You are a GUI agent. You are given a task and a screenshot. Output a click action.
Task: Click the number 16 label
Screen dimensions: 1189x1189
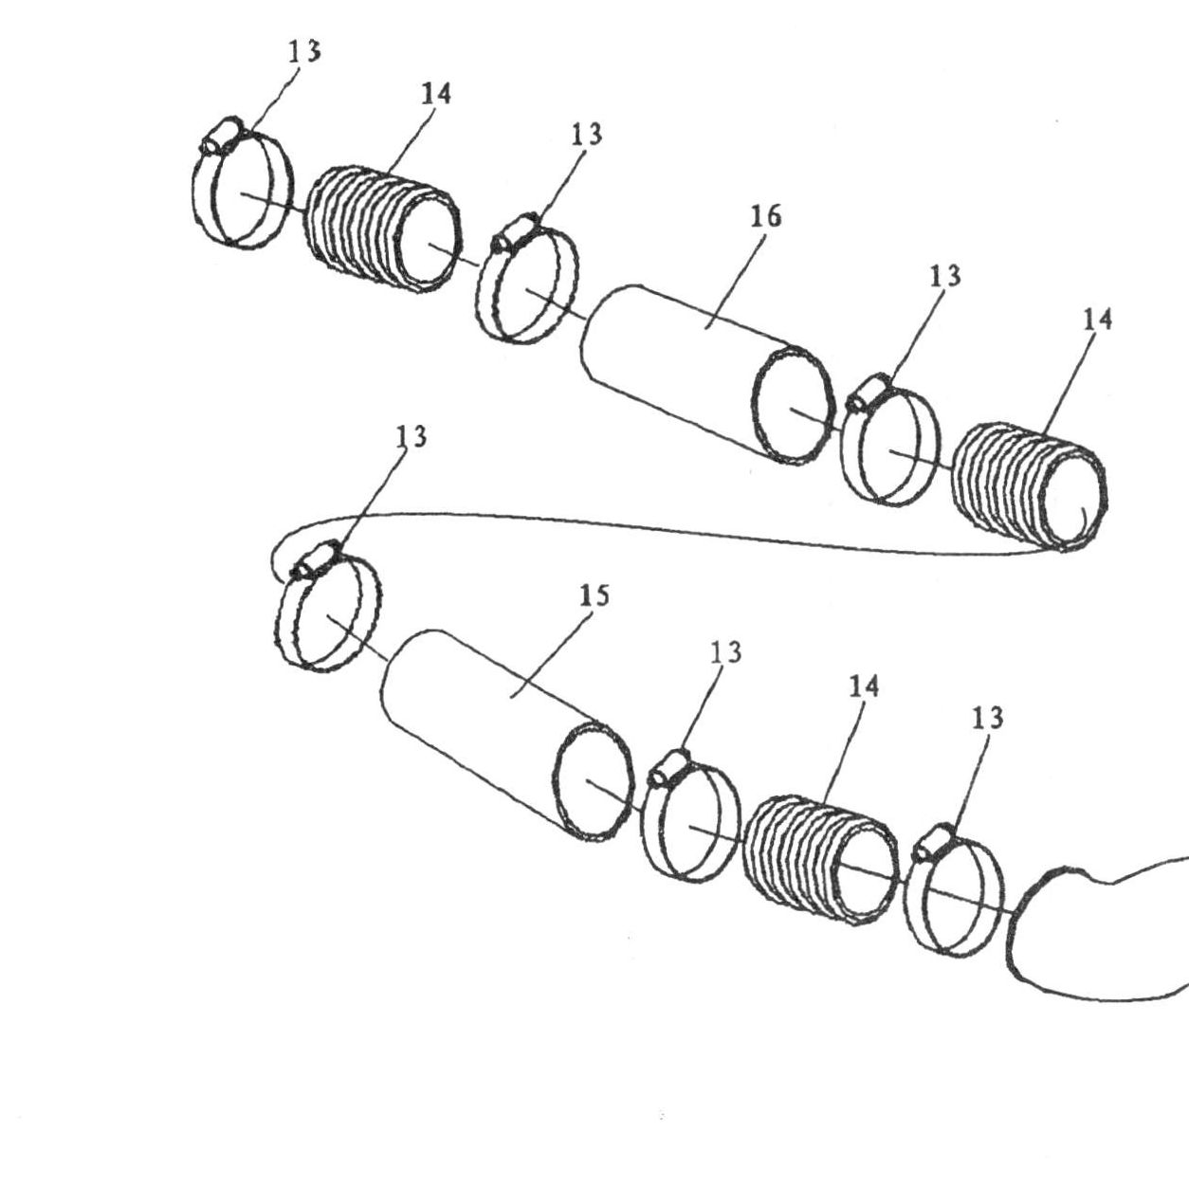[x=766, y=216]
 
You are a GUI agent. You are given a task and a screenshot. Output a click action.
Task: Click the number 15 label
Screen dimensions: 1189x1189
[x=594, y=595]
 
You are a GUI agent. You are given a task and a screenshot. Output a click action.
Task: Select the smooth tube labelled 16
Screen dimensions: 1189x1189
[x=706, y=374]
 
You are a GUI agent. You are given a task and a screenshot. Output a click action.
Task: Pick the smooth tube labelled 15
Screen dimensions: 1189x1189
[x=508, y=734]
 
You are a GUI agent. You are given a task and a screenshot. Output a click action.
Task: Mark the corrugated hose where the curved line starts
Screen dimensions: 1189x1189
[x=1029, y=487]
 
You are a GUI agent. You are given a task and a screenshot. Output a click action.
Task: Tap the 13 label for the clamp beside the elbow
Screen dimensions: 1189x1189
[x=987, y=719]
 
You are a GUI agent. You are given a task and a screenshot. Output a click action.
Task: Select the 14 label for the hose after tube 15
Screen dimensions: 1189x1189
[x=864, y=686]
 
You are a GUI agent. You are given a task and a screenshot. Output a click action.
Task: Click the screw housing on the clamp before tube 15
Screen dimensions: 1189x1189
[x=316, y=560]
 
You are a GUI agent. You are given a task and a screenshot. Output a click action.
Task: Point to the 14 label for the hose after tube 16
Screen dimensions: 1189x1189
[x=1097, y=320]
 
